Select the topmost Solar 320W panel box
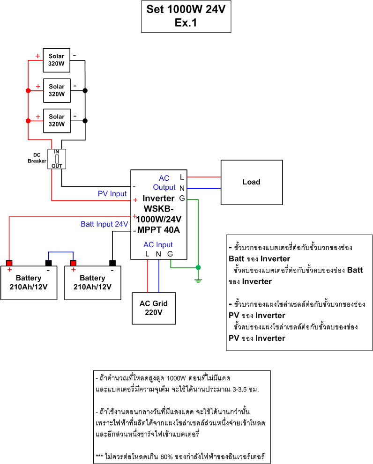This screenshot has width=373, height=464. coord(57,60)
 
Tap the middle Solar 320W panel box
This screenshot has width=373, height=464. coord(57,90)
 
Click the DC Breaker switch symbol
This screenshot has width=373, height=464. coord(57,159)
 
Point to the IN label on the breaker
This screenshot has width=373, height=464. coord(57,152)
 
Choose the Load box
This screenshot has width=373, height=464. coord(251,182)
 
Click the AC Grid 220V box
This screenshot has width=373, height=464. coord(153,308)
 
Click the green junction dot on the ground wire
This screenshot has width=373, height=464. coord(198,267)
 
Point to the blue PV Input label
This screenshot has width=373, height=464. coord(112,194)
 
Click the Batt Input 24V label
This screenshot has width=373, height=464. coord(104,224)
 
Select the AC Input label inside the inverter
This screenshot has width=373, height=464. coord(158,244)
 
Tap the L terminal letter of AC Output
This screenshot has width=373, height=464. coord(182,177)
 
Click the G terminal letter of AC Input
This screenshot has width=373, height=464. coord(170,254)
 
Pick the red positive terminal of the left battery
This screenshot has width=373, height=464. coord(9,263)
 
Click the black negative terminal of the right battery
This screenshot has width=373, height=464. coord(112,263)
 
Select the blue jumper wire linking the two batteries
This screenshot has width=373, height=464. coord(60,253)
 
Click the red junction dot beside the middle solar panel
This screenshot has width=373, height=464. coord(28,90)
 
